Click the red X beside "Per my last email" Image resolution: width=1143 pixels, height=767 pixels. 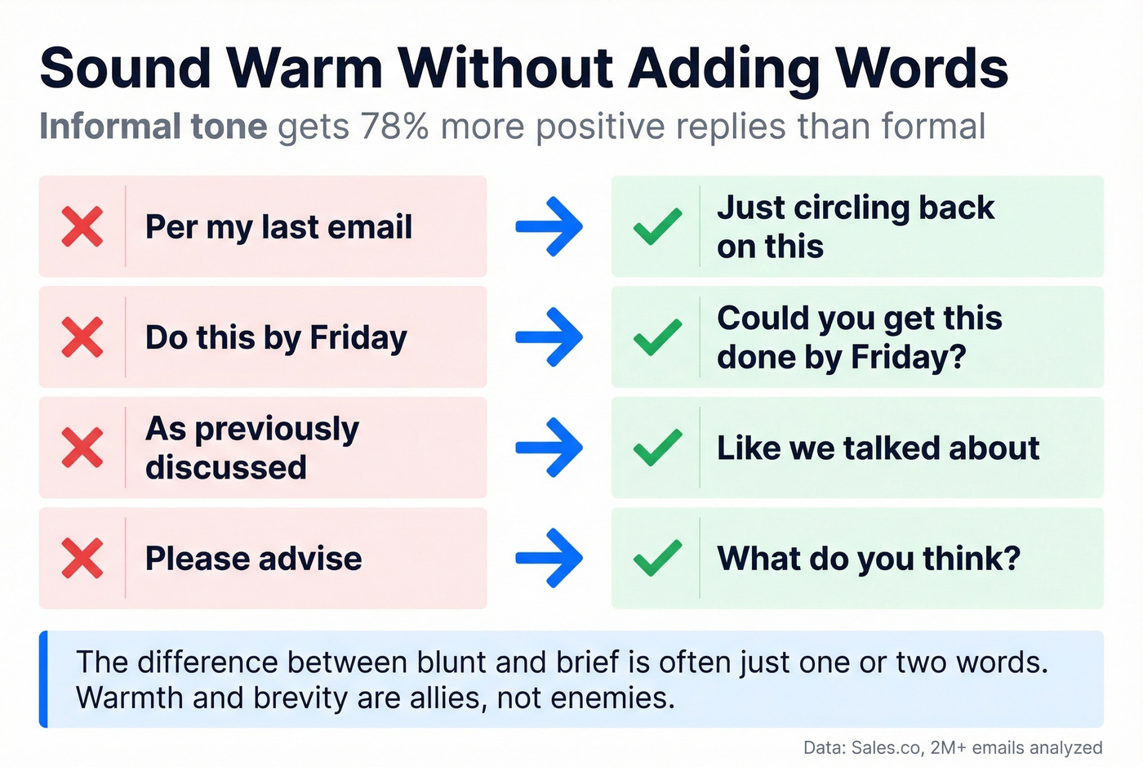coord(82,227)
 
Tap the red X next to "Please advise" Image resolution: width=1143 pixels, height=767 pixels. coord(82,559)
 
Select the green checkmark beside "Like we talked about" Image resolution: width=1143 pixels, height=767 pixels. coord(658,448)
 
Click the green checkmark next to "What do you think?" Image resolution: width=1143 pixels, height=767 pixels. coord(658,559)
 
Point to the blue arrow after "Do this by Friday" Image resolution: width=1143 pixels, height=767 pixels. coord(549,337)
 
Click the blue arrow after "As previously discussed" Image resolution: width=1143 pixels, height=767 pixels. coord(549,448)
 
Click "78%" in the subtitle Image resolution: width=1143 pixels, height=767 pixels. coord(394,127)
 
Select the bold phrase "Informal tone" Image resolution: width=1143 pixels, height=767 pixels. coord(153,127)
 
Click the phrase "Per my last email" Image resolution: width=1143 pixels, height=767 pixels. coord(278,227)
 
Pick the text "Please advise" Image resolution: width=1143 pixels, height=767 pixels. coord(253,559)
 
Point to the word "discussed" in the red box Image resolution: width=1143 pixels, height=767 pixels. coord(226,468)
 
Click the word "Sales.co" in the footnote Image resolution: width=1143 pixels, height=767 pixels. coord(885,747)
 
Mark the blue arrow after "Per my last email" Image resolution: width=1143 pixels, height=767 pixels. coord(549,226)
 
